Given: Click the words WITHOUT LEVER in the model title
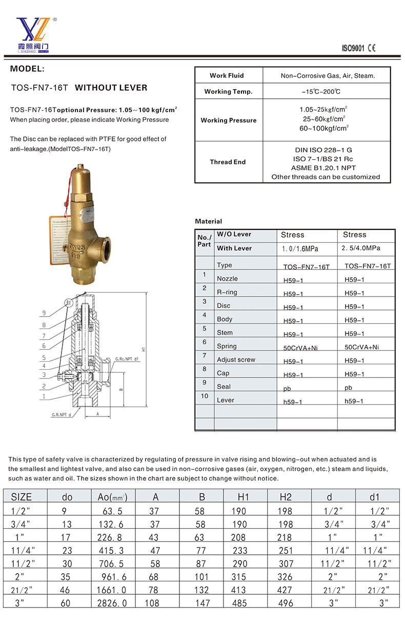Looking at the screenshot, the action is pyautogui.click(x=111, y=88).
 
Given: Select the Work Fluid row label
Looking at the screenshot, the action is pyautogui.click(x=227, y=75).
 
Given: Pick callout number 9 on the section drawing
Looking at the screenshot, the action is pyautogui.click(x=44, y=313).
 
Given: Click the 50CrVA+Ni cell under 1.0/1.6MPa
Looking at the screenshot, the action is pyautogui.click(x=301, y=348).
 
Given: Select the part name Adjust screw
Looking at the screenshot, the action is pyautogui.click(x=236, y=360).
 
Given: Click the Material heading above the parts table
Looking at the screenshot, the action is pyautogui.click(x=209, y=221).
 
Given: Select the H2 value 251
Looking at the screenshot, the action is pyautogui.click(x=286, y=550).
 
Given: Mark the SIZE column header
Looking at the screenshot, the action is pyautogui.click(x=22, y=497).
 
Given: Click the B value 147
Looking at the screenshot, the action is pyautogui.click(x=202, y=603).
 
